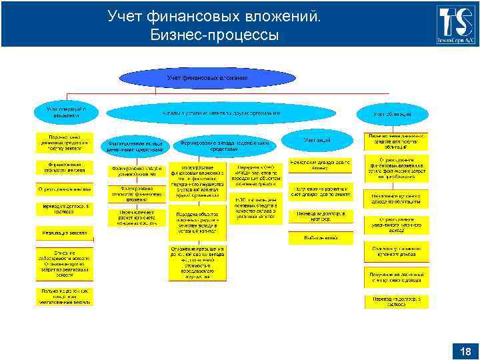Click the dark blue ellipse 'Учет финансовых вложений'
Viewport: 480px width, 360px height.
207,78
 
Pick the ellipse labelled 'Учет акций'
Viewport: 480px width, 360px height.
317,141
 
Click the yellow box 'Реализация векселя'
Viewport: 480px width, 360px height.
64,232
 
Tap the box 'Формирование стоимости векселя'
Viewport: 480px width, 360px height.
64,167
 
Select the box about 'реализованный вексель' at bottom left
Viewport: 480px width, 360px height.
64,296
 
